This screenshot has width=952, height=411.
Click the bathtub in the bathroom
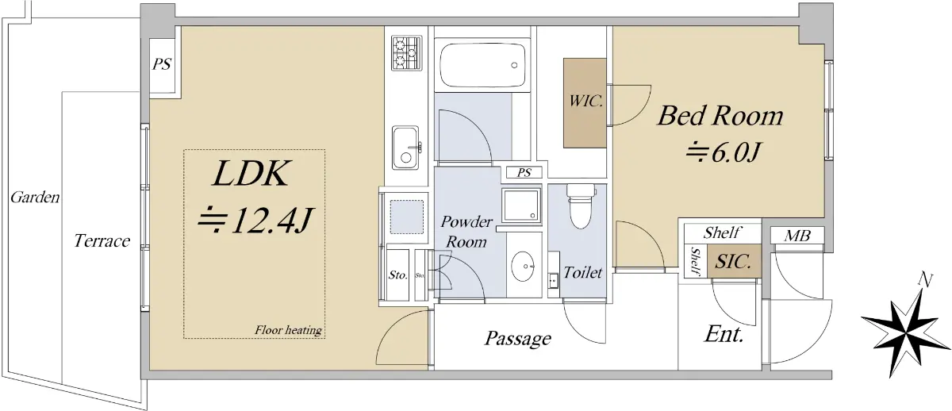point(482,65)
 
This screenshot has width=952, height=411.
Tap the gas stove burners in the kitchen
point(407,53)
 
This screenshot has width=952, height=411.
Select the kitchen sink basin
point(406,148)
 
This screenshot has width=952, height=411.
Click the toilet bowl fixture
point(581,206)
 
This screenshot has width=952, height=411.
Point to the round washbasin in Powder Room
point(523,267)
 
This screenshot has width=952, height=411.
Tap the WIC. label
point(585,101)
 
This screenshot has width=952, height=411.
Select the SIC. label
point(733,261)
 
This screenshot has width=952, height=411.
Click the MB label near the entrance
point(797,236)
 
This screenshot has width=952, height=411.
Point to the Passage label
point(517,338)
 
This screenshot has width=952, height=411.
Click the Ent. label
point(724,334)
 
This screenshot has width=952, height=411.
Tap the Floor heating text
point(288,330)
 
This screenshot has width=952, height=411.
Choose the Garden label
point(35,198)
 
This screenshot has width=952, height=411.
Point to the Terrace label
point(102,241)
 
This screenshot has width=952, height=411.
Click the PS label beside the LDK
point(162,64)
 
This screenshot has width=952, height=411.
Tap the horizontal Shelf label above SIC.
point(722,233)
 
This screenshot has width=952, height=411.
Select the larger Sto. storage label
point(397,275)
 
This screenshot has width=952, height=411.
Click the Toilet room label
point(582,272)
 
